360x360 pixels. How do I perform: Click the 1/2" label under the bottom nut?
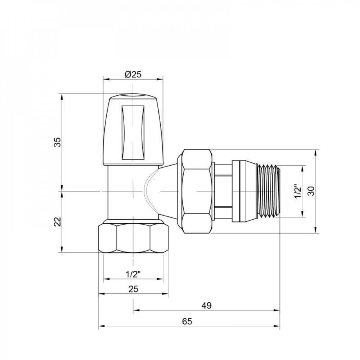(133, 274)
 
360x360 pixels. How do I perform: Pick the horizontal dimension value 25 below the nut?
(133, 289)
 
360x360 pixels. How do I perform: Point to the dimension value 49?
(206, 306)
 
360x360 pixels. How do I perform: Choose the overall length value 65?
(186, 321)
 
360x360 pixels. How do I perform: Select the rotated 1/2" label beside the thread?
(297, 192)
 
